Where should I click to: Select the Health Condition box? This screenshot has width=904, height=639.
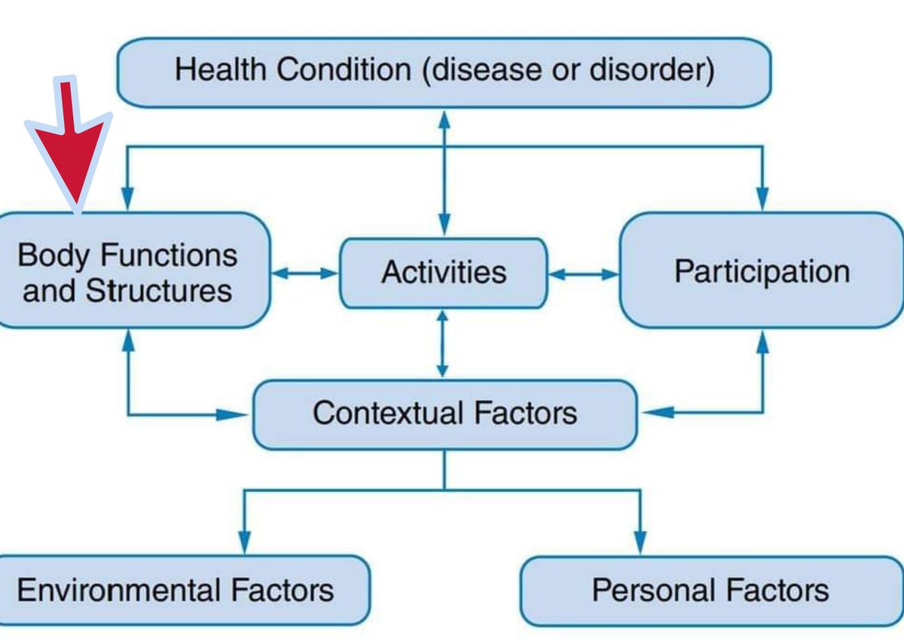coord(444,72)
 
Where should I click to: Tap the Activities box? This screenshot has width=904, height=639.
coord(443,273)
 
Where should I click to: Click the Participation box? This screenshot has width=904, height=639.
coord(761,271)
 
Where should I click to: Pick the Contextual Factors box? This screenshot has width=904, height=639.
coord(444,414)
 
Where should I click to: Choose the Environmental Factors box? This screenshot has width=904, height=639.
coord(181,590)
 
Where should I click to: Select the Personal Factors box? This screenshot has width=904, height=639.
coord(710,590)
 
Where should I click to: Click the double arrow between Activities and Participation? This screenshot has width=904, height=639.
coord(583,275)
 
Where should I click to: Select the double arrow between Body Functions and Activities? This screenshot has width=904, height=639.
coord(304,274)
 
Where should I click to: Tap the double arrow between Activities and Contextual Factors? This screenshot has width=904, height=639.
coord(443,344)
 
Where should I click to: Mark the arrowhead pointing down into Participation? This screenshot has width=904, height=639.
coord(763,200)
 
